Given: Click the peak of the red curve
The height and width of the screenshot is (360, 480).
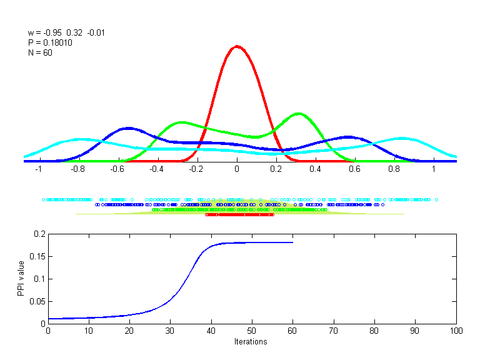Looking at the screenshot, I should coord(237,46).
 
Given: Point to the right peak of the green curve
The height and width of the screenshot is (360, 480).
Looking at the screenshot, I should coord(299,113).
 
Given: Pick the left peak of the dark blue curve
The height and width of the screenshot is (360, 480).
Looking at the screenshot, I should coord(128,128).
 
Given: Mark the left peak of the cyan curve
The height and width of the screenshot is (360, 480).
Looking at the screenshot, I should coord(79,139).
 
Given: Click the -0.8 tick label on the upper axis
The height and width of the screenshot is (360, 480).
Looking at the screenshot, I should coord(77,169).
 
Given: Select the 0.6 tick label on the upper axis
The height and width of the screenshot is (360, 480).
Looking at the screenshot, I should coord(355,169).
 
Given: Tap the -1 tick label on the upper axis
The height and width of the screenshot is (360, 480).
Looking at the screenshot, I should coord(38,169).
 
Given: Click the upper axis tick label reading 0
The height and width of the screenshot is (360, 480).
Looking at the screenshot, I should coord(237,169).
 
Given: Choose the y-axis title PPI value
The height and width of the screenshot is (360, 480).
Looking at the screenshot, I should coord(21,279).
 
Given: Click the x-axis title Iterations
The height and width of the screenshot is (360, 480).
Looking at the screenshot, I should coord(251,342).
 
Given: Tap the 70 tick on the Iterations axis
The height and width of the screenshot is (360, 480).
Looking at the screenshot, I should coord(334,331).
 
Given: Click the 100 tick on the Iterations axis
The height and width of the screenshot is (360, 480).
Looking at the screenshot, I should coord(456,331).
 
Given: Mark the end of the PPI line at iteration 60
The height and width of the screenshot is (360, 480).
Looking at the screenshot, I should coord(292,242).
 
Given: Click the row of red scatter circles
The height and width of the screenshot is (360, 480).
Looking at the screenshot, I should coord(239,214).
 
